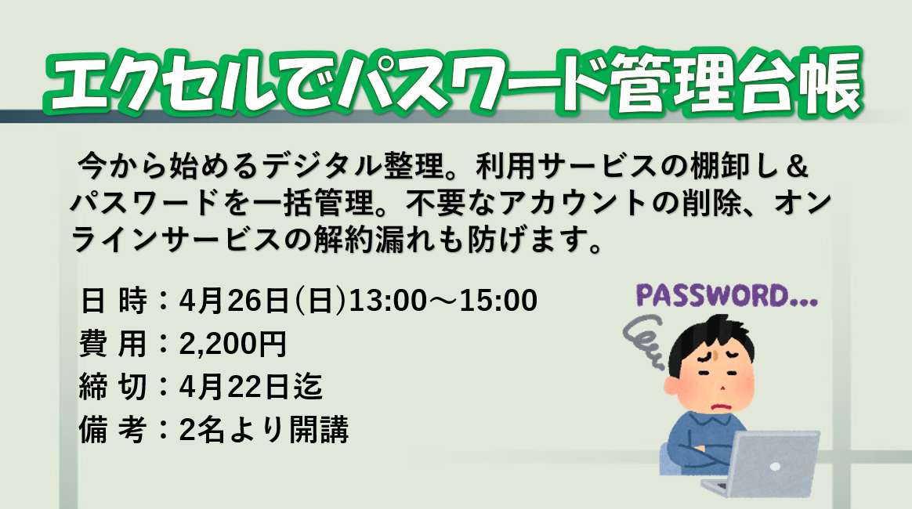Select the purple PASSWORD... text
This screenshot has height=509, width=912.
pyautogui.click(x=727, y=296)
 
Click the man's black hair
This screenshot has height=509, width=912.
pyautogui.click(x=710, y=340)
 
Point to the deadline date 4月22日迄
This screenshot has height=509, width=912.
pyautogui.click(x=251, y=387)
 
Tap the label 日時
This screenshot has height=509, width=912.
pyautogui.click(x=114, y=301)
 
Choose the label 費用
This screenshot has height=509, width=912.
pyautogui.click(x=114, y=344)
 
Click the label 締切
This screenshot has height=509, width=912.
pyautogui.click(x=114, y=387)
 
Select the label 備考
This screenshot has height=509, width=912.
pyautogui.click(x=114, y=430)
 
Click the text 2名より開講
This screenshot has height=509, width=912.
pyautogui.click(x=264, y=431)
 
